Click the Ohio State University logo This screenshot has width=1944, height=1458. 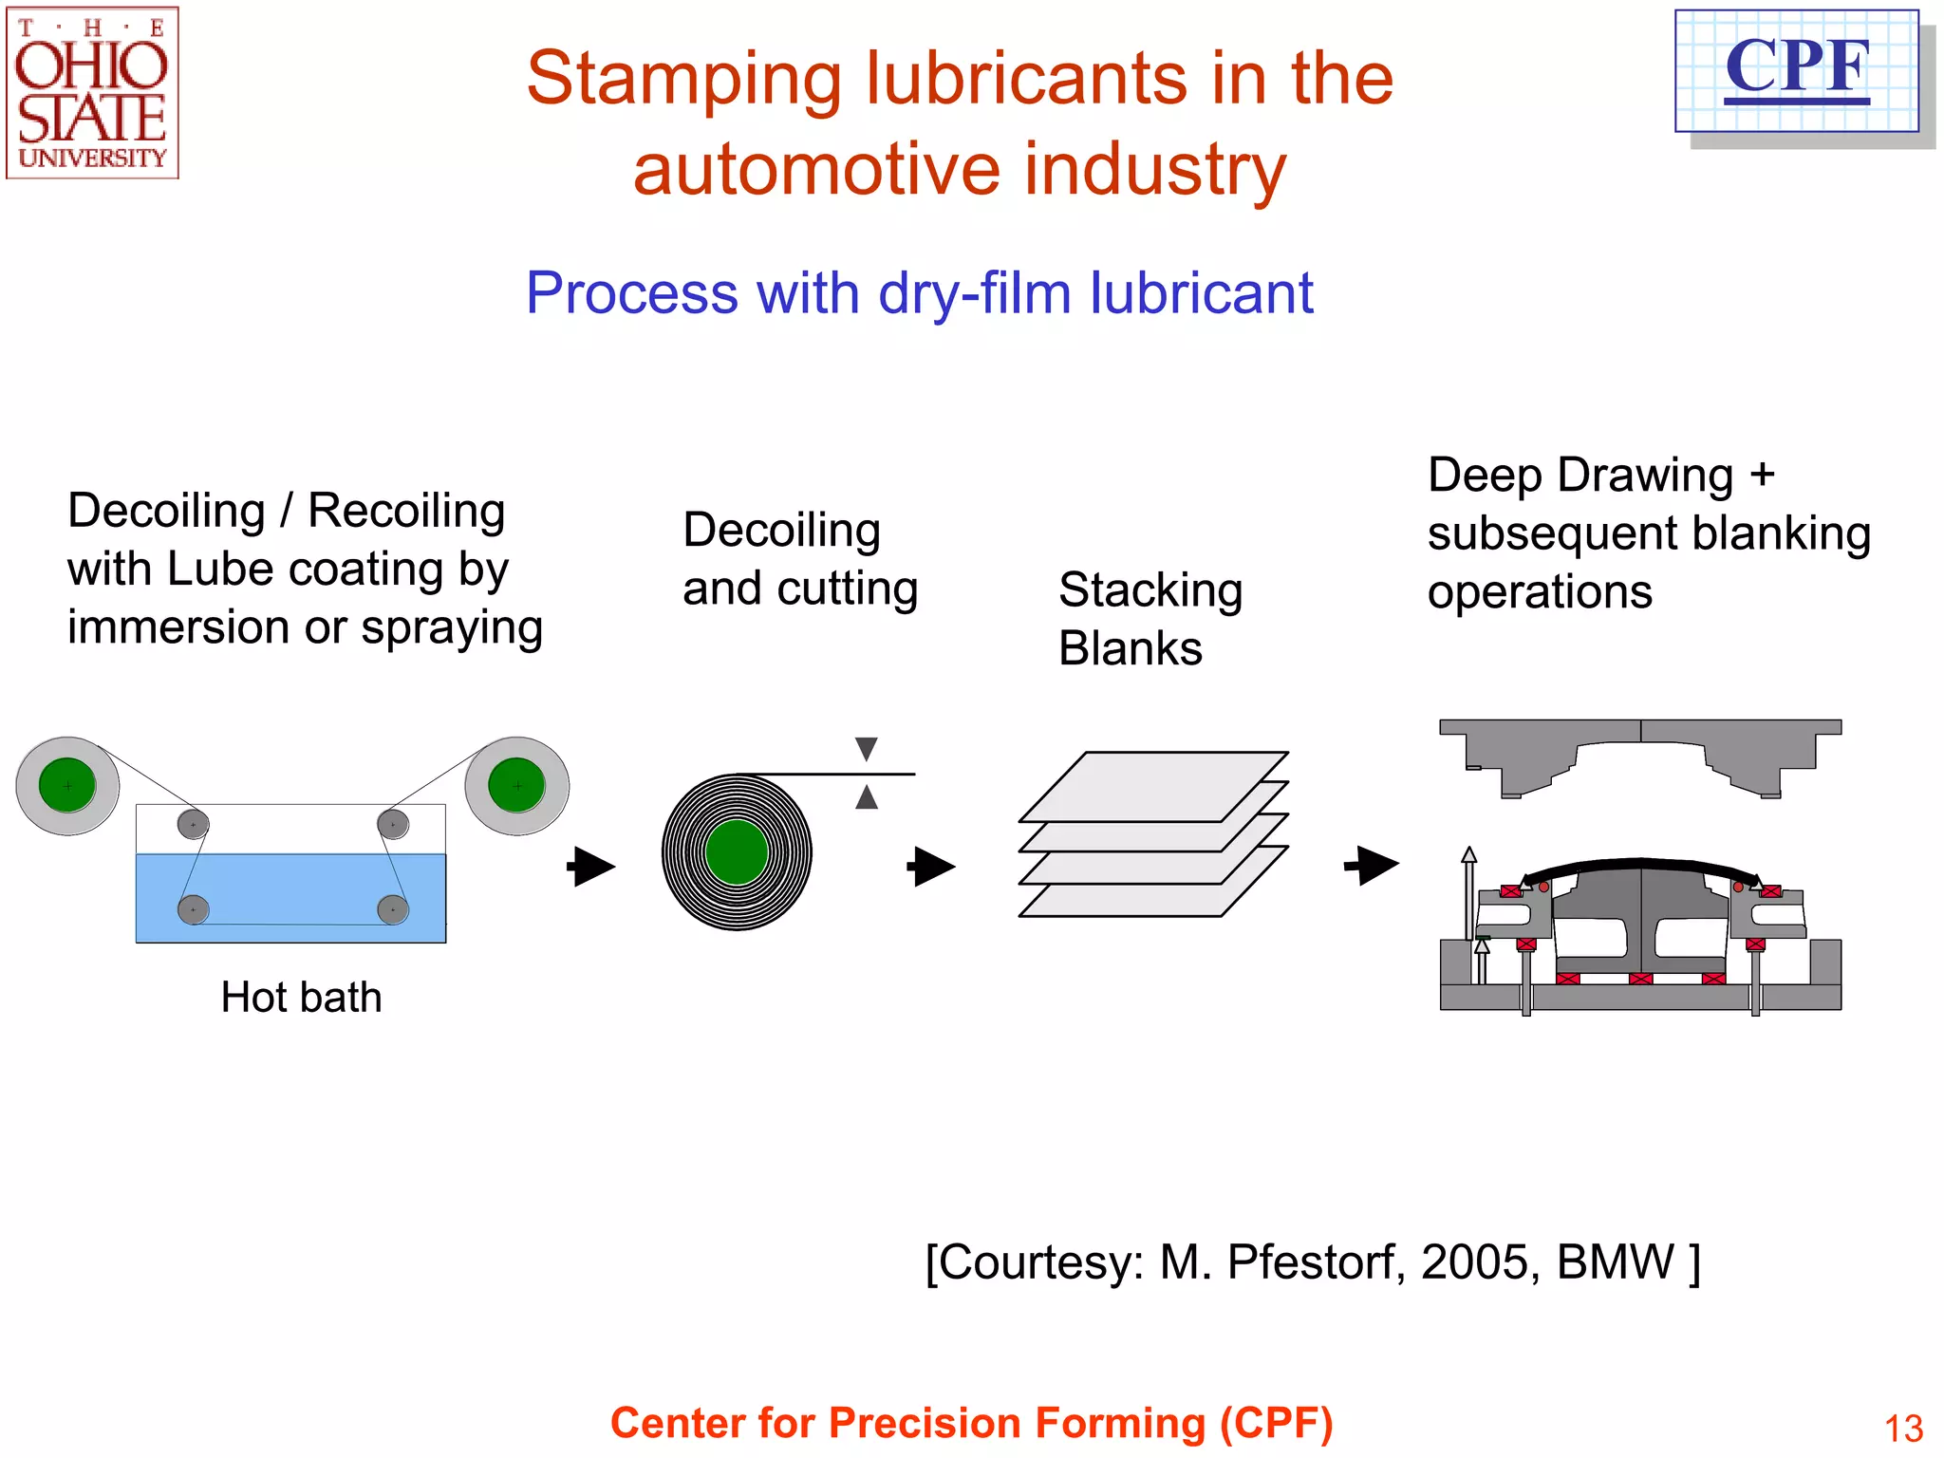point(92,93)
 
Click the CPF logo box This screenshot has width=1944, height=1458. point(1796,71)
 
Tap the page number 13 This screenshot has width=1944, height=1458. point(1902,1429)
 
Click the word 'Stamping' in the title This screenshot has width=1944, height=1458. point(683,80)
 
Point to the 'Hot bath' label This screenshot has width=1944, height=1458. point(301,998)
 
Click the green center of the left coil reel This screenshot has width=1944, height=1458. point(67,785)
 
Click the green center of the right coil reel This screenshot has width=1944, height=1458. point(516,785)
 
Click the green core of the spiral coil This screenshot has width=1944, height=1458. point(737,852)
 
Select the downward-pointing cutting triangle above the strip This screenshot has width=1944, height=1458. point(866,749)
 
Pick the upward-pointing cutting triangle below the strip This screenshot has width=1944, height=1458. point(866,797)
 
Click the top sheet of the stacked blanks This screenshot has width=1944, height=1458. point(1153,785)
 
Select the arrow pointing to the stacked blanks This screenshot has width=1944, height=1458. point(931,867)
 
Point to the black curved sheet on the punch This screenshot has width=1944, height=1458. point(1639,865)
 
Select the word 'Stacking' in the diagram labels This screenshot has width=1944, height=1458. point(1150,590)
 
